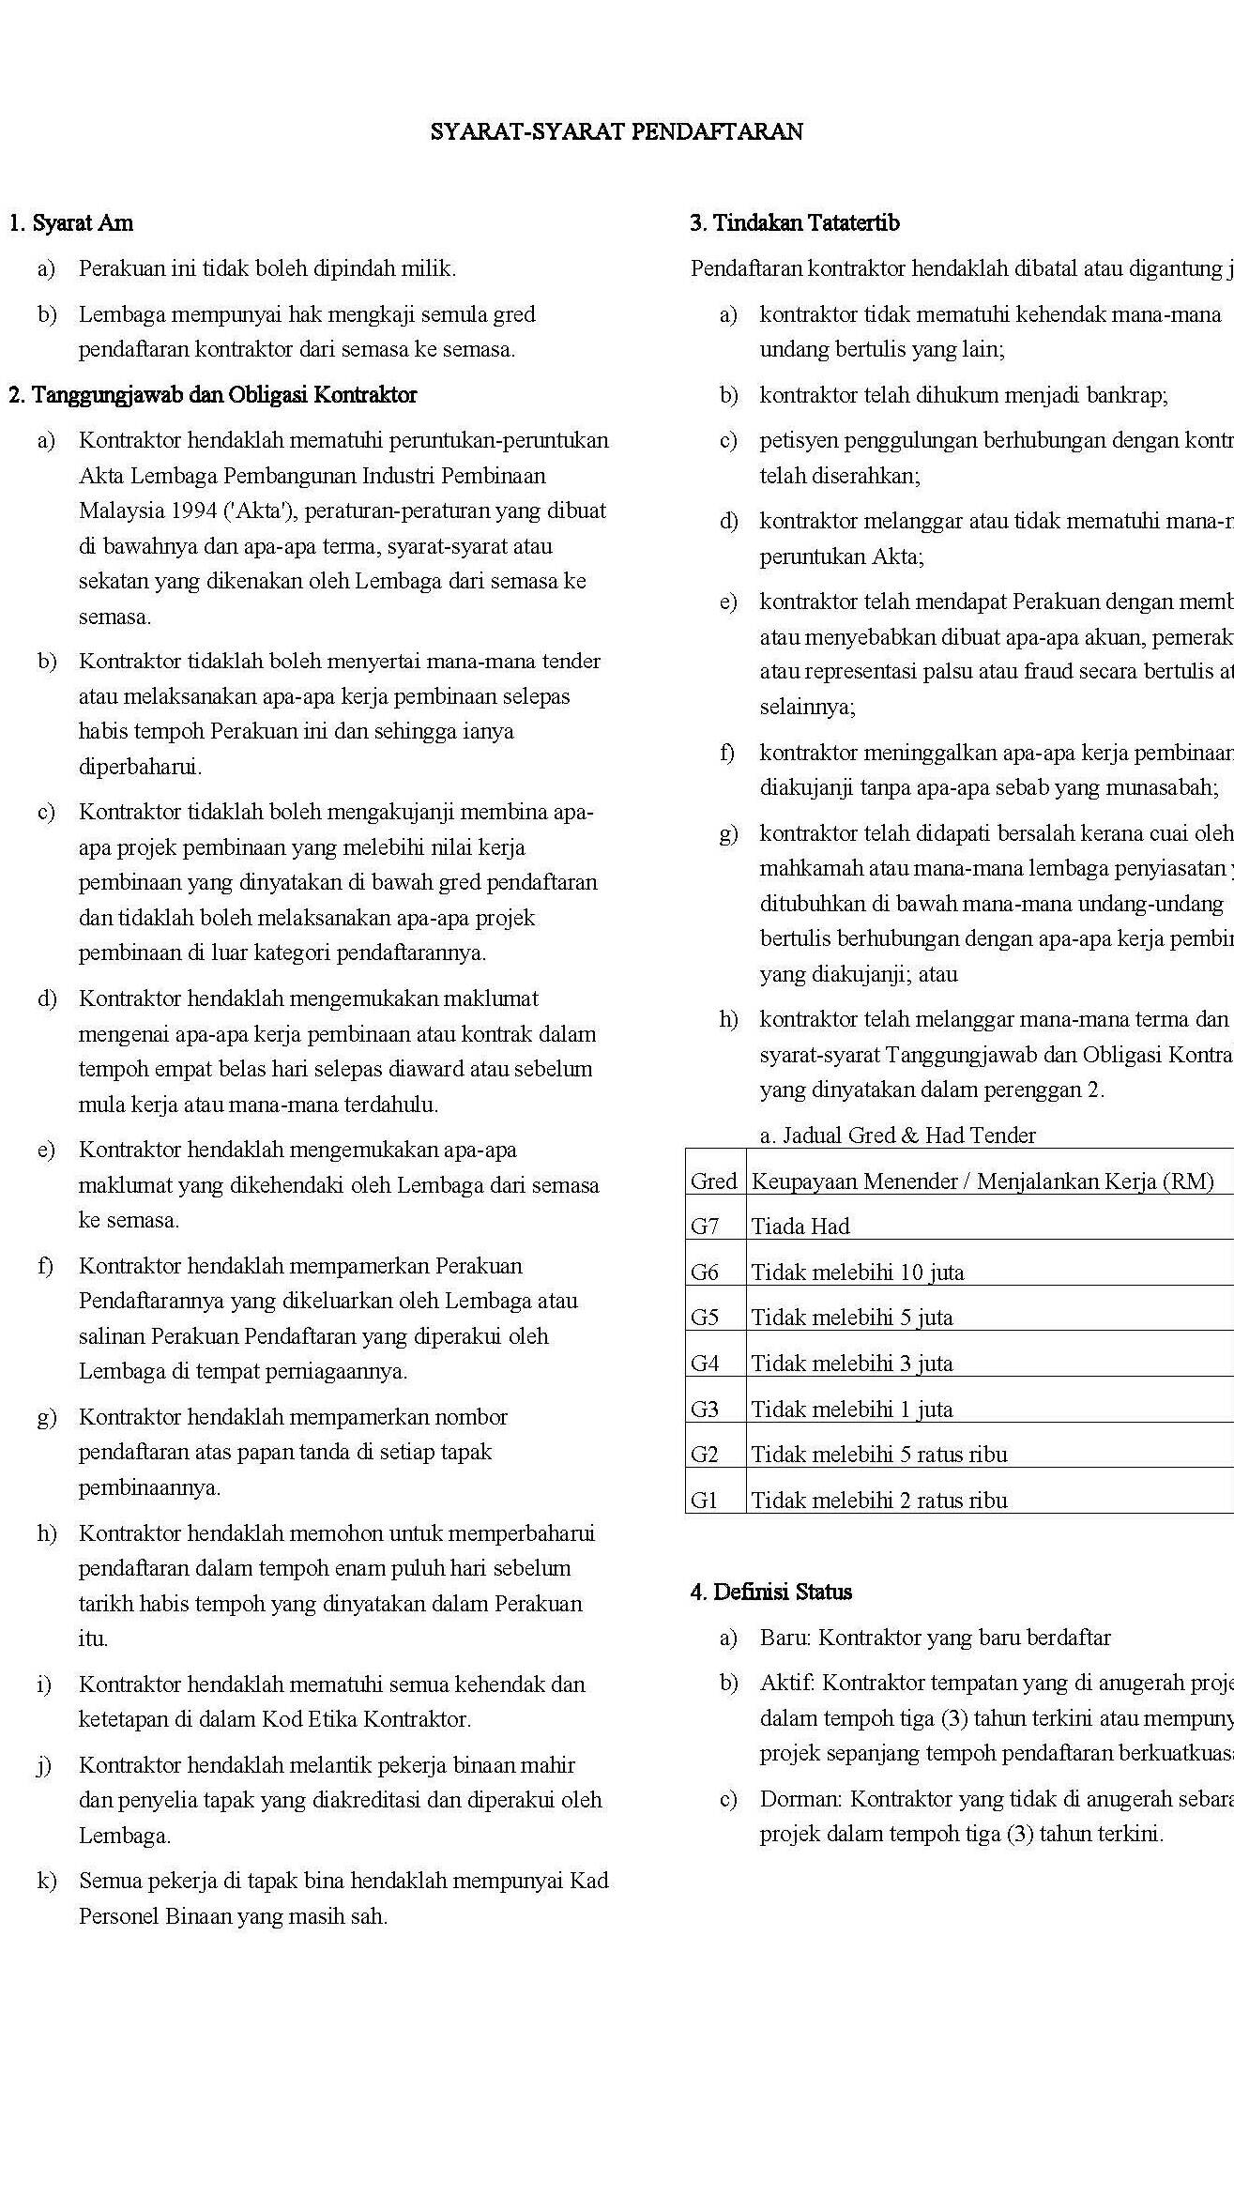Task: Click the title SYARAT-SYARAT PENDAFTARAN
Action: click(x=617, y=131)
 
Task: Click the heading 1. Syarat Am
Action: click(x=70, y=223)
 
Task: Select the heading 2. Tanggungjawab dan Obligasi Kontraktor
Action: click(x=212, y=395)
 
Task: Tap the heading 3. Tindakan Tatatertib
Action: click(x=795, y=223)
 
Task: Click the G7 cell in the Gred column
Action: click(x=705, y=1226)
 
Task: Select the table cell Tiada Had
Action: click(x=800, y=1226)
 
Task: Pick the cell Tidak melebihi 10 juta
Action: click(x=858, y=1272)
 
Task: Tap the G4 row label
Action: click(x=705, y=1363)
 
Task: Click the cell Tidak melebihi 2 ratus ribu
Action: click(x=879, y=1500)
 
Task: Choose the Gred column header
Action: click(x=714, y=1181)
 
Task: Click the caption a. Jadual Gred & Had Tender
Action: click(x=897, y=1136)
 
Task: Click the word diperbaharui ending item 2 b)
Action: click(x=140, y=767)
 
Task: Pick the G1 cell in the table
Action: click(x=704, y=1500)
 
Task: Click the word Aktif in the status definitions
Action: click(x=785, y=1683)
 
